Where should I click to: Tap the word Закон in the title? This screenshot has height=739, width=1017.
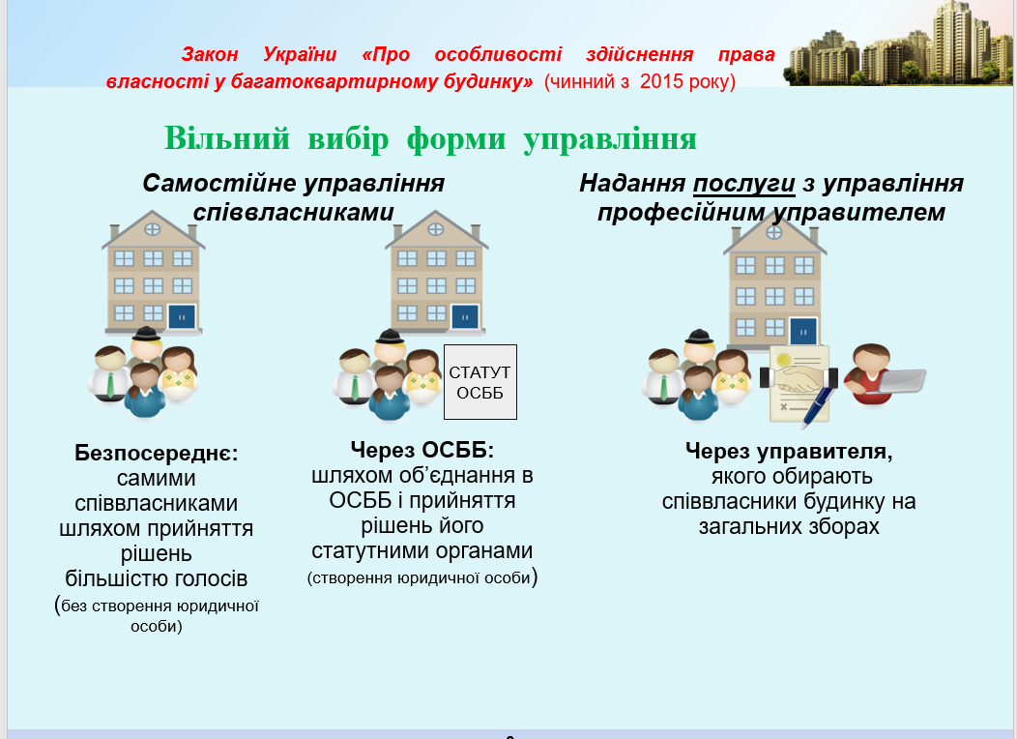pos(210,54)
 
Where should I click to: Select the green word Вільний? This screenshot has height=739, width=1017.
pos(227,138)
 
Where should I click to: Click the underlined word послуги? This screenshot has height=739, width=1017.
pos(744,184)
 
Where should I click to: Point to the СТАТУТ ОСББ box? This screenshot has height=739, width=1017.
pos(480,382)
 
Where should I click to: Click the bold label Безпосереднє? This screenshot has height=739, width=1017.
pos(157,453)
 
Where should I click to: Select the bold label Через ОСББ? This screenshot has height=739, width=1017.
pos(422,450)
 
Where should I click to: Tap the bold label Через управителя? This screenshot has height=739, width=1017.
pos(789,451)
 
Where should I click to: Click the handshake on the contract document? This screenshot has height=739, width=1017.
pos(799,378)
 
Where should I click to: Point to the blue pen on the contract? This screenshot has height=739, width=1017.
pos(817,405)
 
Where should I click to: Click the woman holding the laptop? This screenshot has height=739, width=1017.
pos(872,375)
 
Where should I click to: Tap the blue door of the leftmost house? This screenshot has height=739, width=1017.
pos(183,317)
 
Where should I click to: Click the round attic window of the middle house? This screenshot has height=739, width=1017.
pos(436,229)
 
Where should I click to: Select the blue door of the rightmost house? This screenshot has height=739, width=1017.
pos(803,332)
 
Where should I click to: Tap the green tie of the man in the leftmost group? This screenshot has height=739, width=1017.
pos(109,385)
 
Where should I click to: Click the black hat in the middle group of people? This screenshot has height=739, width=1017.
pos(391,336)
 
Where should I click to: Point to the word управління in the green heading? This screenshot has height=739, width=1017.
pos(610,139)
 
